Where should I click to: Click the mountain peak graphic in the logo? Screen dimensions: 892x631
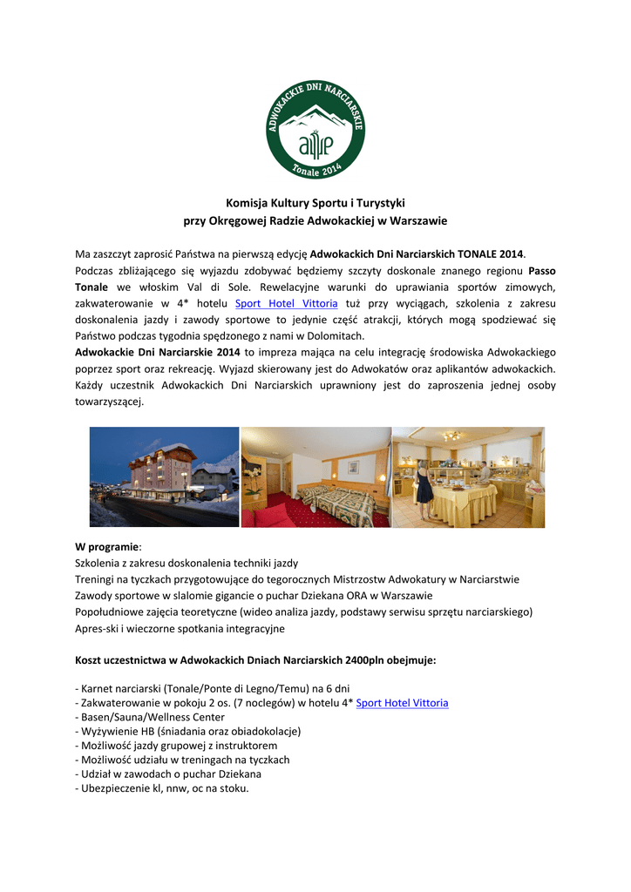pyautogui.click(x=315, y=118)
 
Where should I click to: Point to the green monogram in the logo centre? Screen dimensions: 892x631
pyautogui.click(x=315, y=142)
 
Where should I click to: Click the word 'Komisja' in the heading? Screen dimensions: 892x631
pyautogui.click(x=246, y=202)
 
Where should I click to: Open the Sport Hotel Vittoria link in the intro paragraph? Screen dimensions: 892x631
pyautogui.click(x=287, y=303)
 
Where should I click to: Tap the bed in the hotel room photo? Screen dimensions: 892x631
pyautogui.click(x=335, y=502)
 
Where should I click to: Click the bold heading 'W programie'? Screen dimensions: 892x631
pyautogui.click(x=107, y=547)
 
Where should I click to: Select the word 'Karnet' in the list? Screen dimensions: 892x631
pyautogui.click(x=98, y=687)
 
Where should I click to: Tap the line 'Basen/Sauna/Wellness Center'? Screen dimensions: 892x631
pyautogui.click(x=150, y=718)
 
